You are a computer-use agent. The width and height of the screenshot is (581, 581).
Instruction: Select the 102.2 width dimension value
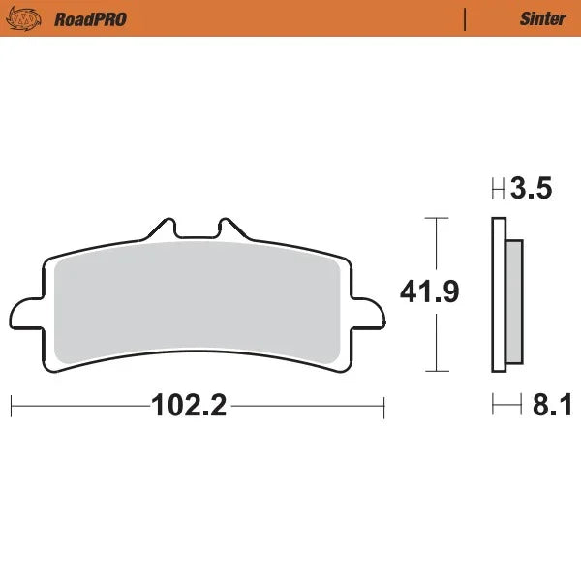point(189,406)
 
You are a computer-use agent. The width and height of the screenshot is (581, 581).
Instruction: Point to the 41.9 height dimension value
point(429,292)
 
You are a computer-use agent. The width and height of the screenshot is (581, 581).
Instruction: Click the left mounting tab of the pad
point(26,315)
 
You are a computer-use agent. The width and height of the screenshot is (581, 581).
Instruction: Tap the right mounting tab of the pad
point(367,315)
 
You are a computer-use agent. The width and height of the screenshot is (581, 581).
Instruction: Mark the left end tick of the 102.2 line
point(11,406)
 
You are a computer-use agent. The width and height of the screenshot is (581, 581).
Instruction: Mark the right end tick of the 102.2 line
point(384,406)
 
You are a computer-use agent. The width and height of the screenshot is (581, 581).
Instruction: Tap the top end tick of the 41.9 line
point(439,218)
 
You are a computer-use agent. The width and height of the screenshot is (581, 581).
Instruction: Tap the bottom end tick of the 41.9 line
point(439,372)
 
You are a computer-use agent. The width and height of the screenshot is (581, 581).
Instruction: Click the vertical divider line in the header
point(466,18)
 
